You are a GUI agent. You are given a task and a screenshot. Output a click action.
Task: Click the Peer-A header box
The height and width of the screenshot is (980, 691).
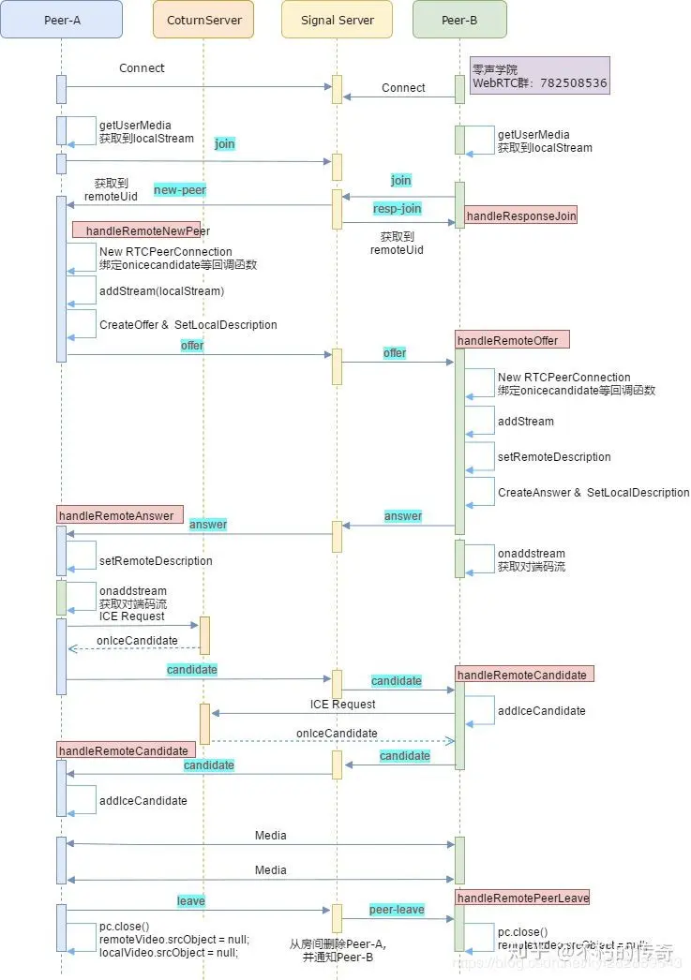tap(61, 19)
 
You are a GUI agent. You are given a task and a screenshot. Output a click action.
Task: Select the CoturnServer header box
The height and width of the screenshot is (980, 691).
tap(203, 19)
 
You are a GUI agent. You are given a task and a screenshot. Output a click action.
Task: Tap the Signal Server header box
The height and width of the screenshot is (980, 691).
tap(337, 19)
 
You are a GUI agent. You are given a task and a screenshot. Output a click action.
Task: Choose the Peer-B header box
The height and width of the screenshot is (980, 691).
tap(459, 19)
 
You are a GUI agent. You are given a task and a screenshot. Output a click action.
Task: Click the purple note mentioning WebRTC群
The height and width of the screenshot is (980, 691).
tap(539, 76)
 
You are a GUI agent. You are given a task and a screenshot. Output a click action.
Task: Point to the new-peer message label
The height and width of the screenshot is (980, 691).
tap(179, 190)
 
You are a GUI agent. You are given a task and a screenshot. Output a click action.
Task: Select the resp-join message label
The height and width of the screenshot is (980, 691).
tap(398, 209)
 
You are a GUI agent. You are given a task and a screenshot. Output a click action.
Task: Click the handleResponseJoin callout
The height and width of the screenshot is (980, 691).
tap(520, 216)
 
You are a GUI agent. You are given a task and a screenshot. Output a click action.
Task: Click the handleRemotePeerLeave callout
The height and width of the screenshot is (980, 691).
tap(522, 898)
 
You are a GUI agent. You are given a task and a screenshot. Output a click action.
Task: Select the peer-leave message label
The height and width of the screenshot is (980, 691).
tap(397, 910)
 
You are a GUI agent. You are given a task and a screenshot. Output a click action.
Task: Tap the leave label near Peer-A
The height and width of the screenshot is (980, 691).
tap(191, 901)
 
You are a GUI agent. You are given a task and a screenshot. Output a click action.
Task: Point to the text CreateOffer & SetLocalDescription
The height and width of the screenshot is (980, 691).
tap(188, 325)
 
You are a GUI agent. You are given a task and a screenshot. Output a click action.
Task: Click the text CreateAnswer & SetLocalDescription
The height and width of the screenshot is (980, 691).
tap(593, 493)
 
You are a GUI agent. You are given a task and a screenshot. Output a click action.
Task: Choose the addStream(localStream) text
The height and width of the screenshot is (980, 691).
tap(161, 291)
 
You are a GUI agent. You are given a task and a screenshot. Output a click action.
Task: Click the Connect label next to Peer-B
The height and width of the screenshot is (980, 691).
tap(403, 88)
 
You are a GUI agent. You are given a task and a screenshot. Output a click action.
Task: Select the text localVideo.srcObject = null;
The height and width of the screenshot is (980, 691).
tap(169, 952)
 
